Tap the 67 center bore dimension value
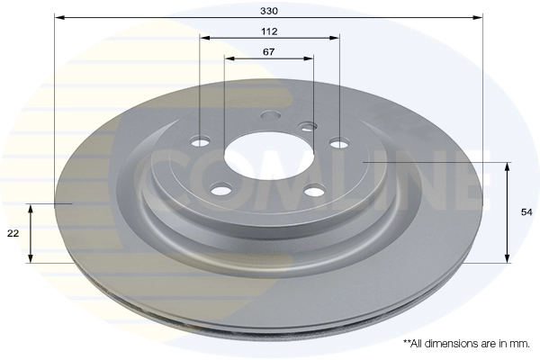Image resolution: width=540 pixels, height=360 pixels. coord(269,50)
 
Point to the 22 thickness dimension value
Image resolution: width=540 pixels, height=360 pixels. coord(13,233)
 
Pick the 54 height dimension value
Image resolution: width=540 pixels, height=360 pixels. coord(526,212)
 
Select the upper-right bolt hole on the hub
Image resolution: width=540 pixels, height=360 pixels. coord(338,142)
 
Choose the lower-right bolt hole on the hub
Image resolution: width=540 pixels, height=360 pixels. coord(313,190)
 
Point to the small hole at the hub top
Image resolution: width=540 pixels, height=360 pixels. coord(268,114)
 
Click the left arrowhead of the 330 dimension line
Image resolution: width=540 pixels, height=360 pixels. coord(59,16)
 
